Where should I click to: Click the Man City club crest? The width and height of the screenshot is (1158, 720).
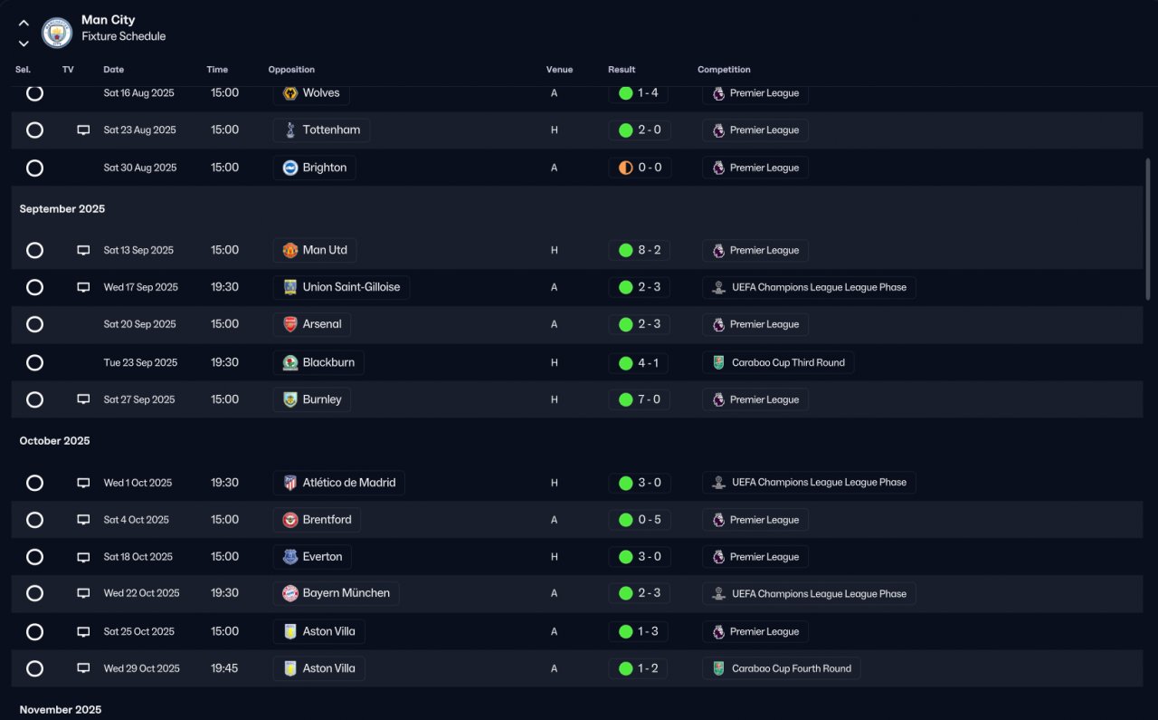[57, 33]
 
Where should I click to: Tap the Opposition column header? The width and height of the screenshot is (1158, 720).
[291, 70]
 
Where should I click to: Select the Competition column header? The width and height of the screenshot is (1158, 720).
[724, 70]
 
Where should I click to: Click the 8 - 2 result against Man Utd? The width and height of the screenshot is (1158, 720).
[649, 250]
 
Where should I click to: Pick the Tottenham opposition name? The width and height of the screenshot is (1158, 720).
[331, 130]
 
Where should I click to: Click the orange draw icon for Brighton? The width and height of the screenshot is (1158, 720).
[625, 168]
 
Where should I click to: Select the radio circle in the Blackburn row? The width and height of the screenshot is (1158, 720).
[34, 362]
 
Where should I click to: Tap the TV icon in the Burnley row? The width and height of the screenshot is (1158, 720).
[83, 399]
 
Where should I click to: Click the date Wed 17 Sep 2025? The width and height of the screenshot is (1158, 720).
[140, 287]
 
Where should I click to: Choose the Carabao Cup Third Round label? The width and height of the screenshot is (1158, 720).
[788, 362]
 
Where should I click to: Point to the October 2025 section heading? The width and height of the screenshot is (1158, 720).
[55, 440]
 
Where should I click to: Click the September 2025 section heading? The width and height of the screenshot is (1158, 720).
[62, 208]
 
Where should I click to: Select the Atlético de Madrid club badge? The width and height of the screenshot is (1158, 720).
[290, 483]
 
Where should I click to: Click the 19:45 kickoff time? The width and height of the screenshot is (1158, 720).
[224, 668]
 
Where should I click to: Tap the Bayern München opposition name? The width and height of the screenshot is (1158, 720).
[346, 592]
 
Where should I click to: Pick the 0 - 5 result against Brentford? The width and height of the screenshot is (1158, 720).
[650, 520]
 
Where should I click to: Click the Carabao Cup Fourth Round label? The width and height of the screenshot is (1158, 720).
[791, 668]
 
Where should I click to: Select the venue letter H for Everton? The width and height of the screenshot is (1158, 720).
[555, 557]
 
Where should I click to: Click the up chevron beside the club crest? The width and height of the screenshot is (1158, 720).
[24, 23]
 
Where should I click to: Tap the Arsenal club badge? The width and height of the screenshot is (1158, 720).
[290, 324]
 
